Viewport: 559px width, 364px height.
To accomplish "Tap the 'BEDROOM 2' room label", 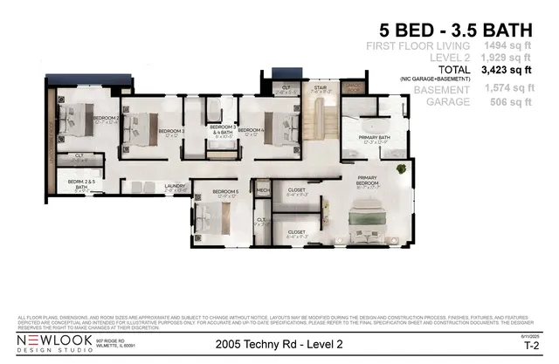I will (x=106, y=117).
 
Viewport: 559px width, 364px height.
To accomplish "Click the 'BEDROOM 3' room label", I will (x=171, y=132).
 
